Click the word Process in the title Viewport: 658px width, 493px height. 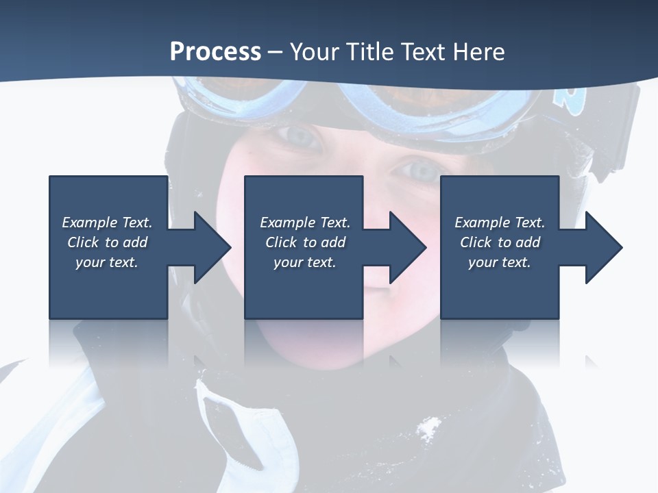215,52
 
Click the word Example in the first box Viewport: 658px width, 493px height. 90,223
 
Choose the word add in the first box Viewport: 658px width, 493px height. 135,242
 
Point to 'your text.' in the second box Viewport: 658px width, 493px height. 304,262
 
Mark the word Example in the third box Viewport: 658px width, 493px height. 483,223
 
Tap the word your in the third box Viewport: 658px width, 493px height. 483,262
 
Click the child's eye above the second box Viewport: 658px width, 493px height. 300,138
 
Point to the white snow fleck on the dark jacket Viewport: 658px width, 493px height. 428,429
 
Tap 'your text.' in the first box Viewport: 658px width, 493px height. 107,262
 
